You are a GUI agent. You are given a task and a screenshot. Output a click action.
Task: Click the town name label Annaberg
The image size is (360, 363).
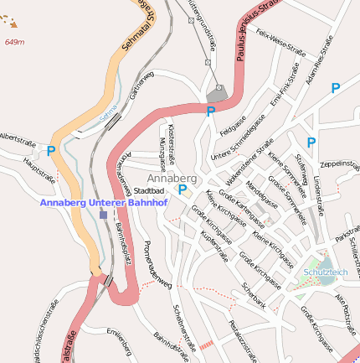[x=172, y=179]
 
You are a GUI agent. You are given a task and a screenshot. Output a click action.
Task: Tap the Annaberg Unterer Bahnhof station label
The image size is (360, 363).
[x=105, y=202]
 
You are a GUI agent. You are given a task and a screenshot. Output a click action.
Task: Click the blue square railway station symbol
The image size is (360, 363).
[x=103, y=215]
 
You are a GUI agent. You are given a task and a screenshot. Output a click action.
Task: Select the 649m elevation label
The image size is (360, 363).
[x=14, y=41]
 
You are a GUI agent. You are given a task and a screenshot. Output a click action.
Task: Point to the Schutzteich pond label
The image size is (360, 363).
[x=326, y=272]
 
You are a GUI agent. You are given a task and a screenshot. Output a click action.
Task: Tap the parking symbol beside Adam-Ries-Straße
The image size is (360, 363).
[x=336, y=87]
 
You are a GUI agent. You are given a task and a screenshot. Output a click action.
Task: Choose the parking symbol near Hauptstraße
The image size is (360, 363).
[x=51, y=151]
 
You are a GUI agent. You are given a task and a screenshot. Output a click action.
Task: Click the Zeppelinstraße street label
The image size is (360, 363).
[x=339, y=163]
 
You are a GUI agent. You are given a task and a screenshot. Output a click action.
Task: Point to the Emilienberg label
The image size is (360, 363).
[x=119, y=341]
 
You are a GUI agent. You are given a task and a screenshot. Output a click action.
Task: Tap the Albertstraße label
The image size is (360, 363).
[x=18, y=136]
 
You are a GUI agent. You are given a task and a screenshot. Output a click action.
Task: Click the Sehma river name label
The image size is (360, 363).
[x=110, y=113]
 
